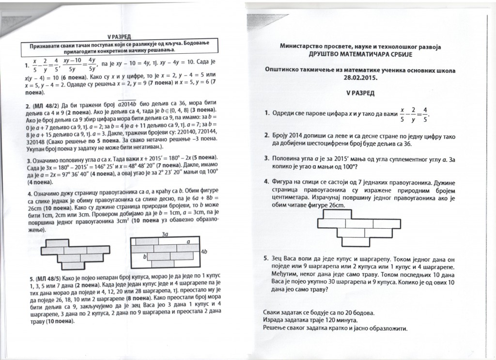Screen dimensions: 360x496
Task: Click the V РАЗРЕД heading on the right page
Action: click(x=361, y=92)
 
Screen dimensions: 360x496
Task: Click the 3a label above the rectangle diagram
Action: click(x=165, y=234)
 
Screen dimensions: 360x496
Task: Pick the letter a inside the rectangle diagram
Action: click(x=187, y=241)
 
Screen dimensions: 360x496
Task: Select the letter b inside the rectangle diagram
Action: click(x=144, y=255)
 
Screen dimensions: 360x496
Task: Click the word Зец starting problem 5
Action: click(x=279, y=259)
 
